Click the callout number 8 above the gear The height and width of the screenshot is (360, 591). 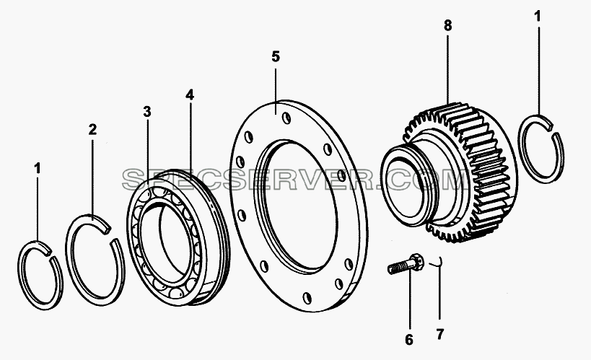tap(447, 26)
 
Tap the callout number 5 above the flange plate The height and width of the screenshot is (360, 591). tap(276, 57)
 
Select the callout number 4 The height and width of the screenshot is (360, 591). tap(190, 95)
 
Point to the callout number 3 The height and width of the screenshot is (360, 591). tap(147, 112)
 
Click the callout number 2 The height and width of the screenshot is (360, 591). tap(92, 129)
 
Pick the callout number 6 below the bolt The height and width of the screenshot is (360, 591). tap(409, 340)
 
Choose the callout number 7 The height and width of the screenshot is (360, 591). tap(439, 334)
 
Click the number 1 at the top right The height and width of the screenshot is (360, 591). tap(538, 17)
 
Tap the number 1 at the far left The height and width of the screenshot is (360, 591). tap(37, 169)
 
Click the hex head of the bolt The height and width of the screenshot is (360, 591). tap(417, 261)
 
